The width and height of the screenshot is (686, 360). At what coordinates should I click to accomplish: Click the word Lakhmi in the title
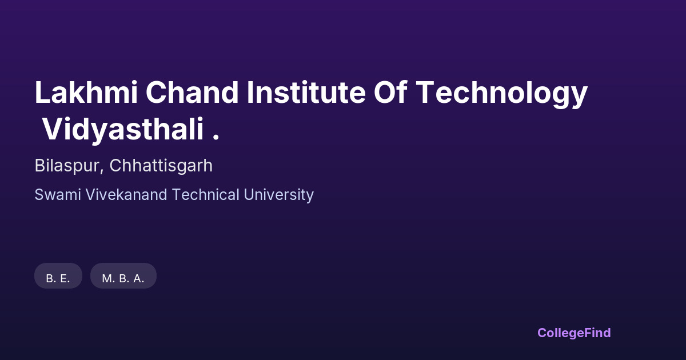(86, 93)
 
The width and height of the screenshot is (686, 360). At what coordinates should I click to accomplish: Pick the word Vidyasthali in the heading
(123, 131)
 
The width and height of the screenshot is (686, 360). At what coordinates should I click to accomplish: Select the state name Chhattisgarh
(161, 166)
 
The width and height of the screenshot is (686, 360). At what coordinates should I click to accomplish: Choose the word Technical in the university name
(206, 195)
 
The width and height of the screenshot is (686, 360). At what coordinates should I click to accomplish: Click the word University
(278, 195)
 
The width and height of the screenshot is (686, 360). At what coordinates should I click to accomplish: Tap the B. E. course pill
(58, 278)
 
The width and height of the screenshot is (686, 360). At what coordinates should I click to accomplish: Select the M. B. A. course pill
(123, 278)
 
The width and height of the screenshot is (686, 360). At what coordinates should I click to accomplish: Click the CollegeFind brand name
(574, 333)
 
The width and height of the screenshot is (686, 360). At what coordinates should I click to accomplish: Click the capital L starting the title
(41, 93)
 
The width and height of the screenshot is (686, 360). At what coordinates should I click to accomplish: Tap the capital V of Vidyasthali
(51, 131)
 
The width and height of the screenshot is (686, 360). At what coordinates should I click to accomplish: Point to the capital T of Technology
(426, 93)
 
